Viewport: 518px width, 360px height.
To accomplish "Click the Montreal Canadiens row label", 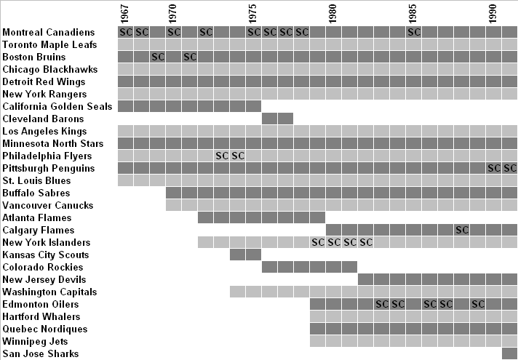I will (x=49, y=33).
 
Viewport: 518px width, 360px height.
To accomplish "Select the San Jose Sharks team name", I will (x=40, y=354).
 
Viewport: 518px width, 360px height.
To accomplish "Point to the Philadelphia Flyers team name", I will (x=47, y=156).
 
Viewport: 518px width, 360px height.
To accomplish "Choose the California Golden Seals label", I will (x=57, y=107).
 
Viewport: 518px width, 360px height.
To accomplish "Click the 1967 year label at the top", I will (x=124, y=13).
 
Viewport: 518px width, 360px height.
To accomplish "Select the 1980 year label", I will (x=332, y=13).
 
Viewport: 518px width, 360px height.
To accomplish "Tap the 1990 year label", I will (x=493, y=13).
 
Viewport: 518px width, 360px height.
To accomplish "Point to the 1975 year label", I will (x=252, y=13).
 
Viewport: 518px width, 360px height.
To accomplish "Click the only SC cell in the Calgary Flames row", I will (x=461, y=231).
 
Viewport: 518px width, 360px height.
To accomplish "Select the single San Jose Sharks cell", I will (x=509, y=354).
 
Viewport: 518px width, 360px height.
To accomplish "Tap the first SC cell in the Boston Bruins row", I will (x=157, y=57).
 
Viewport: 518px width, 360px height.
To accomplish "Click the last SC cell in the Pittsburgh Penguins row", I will (x=509, y=169).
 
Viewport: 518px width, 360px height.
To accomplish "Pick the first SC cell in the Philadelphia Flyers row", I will (x=222, y=156).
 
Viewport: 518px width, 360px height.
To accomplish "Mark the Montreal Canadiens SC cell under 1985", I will (x=413, y=33).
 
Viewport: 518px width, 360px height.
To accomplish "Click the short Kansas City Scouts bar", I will (x=245, y=255).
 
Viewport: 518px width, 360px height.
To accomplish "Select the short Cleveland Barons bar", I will (x=277, y=119).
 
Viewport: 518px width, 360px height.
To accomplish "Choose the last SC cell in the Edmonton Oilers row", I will (x=477, y=305).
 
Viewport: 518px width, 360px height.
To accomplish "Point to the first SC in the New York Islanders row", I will (x=317, y=243).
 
